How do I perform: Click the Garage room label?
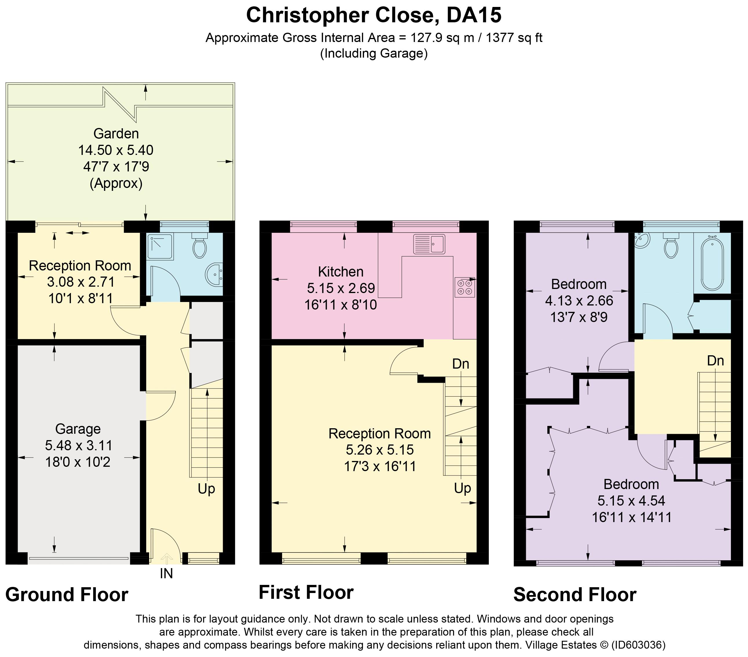[x=78, y=429]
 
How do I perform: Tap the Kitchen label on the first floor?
[x=341, y=272]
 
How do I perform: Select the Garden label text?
[x=116, y=133]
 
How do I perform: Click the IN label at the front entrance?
[x=167, y=574]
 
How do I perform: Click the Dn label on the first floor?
[x=461, y=364]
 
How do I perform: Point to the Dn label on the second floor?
[x=716, y=361]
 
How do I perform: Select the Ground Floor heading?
[x=67, y=594]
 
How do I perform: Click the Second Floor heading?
[x=575, y=594]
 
